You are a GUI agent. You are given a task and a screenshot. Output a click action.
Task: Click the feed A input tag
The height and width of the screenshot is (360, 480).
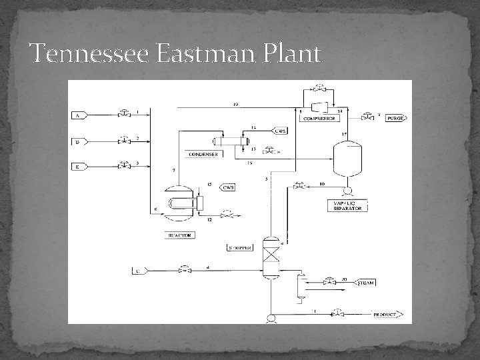pyautogui.click(x=79, y=115)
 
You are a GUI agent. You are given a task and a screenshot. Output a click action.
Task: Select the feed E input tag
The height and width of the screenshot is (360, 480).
pyautogui.click(x=79, y=166)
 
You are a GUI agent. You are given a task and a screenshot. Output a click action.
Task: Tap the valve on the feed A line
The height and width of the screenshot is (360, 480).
pyautogui.click(x=123, y=114)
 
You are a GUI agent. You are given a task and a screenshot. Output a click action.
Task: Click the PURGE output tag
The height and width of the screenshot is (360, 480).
pyautogui.click(x=395, y=118)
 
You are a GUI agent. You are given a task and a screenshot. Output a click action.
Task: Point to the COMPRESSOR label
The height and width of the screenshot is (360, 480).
pyautogui.click(x=319, y=118)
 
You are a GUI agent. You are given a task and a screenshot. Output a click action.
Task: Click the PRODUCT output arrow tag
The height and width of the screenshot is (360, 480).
pyautogui.click(x=385, y=313)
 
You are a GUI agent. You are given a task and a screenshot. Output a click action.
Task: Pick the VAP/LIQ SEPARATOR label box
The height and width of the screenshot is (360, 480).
pyautogui.click(x=347, y=205)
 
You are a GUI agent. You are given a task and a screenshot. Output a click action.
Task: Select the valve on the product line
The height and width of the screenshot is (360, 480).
pyautogui.click(x=339, y=313)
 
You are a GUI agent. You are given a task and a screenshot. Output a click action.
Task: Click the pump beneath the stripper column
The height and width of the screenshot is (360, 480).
pyautogui.click(x=271, y=319)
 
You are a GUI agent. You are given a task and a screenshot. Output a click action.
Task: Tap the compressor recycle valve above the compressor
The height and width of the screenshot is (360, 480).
pyautogui.click(x=320, y=87)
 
